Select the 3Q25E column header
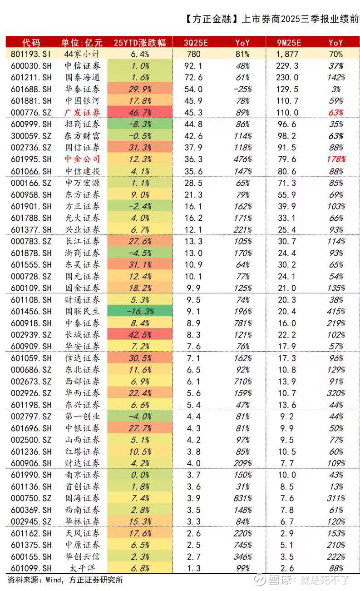195,43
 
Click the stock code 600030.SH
30,66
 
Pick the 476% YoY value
242,159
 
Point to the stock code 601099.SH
30,568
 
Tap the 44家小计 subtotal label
82,54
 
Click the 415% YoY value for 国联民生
336,312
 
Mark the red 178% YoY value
336,159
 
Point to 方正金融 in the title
212,20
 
